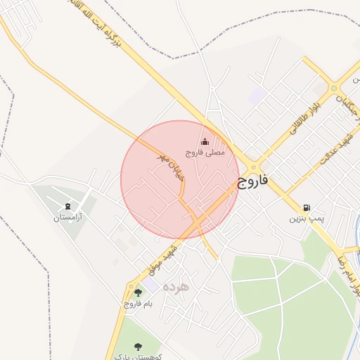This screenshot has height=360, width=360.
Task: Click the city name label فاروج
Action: tap(253, 181)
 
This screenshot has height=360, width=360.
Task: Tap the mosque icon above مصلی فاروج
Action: tap(205, 141)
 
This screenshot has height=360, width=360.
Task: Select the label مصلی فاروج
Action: tap(205, 152)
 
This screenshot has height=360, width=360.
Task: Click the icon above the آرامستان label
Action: tap(67, 207)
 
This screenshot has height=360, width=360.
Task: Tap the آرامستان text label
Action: tap(67, 218)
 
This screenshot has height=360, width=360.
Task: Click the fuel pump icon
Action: tap(307, 208)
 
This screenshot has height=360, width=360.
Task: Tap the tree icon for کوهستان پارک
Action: tap(138, 345)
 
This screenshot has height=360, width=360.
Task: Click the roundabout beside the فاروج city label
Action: tap(253, 167)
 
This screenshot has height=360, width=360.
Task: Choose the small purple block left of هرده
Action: tap(151, 285)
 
